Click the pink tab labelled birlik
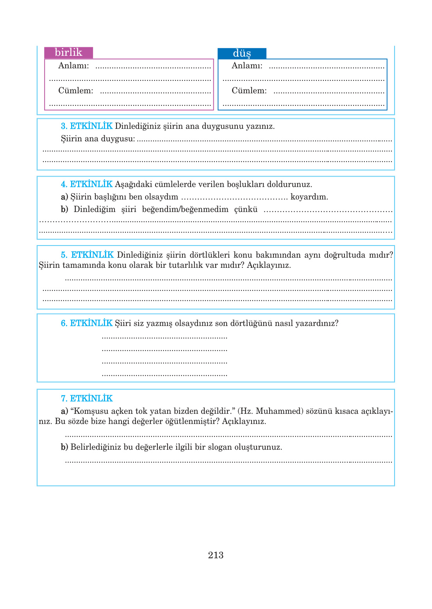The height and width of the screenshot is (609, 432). (x=68, y=52)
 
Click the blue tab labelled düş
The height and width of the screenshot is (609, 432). (x=242, y=53)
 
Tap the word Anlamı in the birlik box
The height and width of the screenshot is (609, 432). (x=73, y=66)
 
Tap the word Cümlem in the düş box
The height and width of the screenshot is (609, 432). (x=249, y=91)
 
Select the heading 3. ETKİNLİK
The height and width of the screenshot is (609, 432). (x=87, y=126)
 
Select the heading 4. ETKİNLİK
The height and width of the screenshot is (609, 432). (x=87, y=184)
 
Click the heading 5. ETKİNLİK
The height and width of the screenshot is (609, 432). (x=87, y=255)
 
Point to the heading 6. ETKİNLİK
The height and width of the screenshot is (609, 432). (x=87, y=323)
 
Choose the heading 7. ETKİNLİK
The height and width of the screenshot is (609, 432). (x=87, y=399)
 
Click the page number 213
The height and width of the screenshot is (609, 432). (x=216, y=555)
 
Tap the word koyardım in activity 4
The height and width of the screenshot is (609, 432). (x=309, y=197)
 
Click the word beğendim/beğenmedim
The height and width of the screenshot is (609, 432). (x=185, y=209)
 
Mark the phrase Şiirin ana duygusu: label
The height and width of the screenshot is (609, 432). (x=98, y=139)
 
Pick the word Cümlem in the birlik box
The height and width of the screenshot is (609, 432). (x=75, y=91)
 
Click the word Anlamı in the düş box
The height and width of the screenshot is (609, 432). (x=247, y=66)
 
